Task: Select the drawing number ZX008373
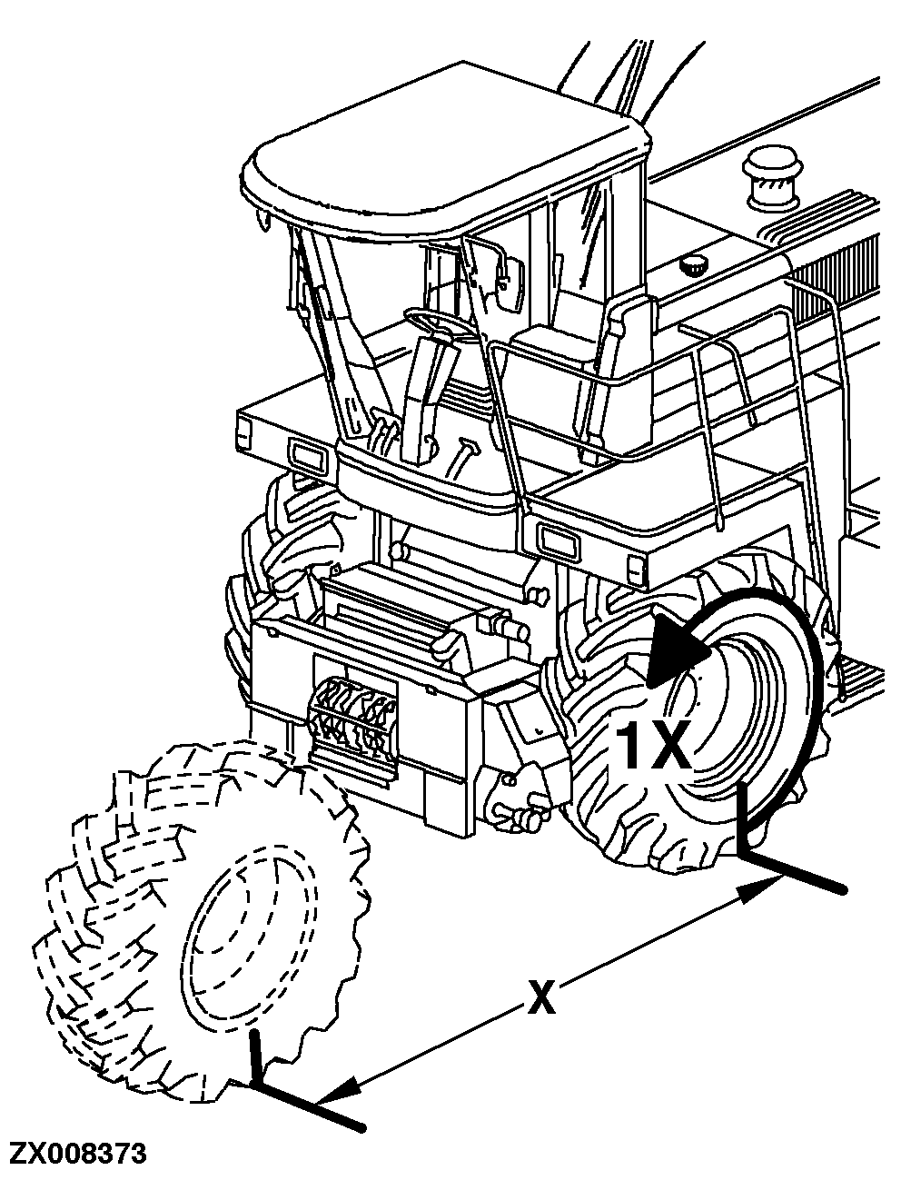point(77,1155)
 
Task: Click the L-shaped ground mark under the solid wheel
point(772,854)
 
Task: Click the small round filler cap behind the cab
point(696,266)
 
